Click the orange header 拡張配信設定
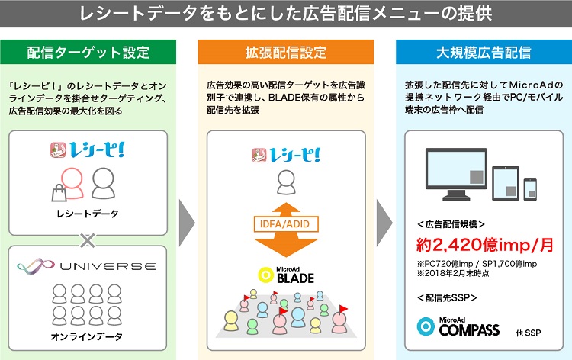[x=286, y=53]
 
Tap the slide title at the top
[x=286, y=14]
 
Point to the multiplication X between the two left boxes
[x=88, y=241]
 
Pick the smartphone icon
[x=530, y=189]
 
